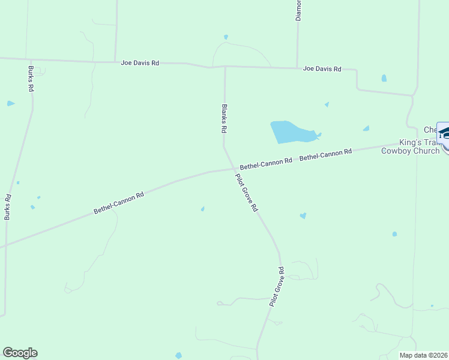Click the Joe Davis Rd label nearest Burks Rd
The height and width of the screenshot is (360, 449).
140,62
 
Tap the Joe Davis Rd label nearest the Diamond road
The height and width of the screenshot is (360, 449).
322,69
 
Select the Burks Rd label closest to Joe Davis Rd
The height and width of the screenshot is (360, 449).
31,79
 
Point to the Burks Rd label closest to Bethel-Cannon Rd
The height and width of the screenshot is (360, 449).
8,206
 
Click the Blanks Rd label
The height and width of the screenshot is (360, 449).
224,118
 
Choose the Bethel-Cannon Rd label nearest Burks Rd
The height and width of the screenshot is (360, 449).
119,203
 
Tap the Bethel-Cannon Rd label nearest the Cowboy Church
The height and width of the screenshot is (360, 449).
325,155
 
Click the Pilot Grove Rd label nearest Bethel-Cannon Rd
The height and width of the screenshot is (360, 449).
246,192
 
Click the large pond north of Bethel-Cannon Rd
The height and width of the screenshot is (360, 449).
291,132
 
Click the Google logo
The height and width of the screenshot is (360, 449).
20,353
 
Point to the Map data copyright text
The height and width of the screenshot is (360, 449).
423,355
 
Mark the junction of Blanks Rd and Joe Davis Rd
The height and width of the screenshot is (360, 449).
225,67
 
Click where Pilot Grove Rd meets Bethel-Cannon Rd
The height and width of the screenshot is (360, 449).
233,169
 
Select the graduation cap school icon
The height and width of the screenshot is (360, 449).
444,133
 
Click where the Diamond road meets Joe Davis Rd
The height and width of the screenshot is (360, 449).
297,68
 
